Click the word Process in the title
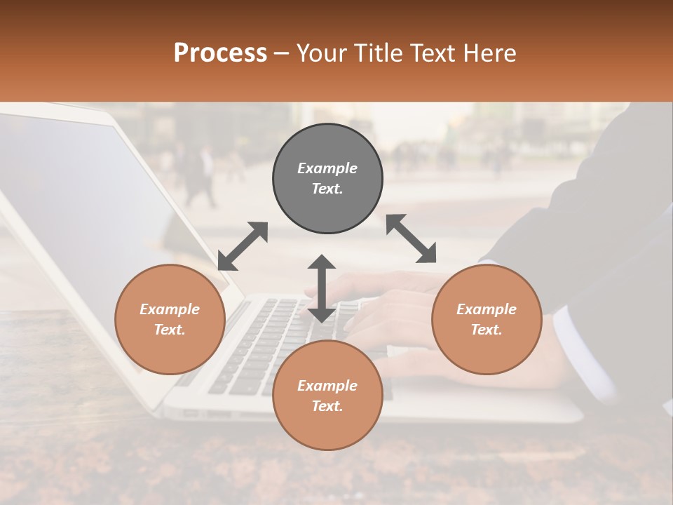tap(220, 53)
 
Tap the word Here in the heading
tap(489, 53)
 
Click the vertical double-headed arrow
tap(322, 288)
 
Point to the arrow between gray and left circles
tap(243, 246)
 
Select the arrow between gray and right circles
tap(411, 238)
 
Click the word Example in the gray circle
tap(327, 168)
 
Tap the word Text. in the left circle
tap(170, 330)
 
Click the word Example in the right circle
tap(487, 309)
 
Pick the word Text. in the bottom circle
tap(327, 406)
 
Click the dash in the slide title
tap(281, 53)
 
